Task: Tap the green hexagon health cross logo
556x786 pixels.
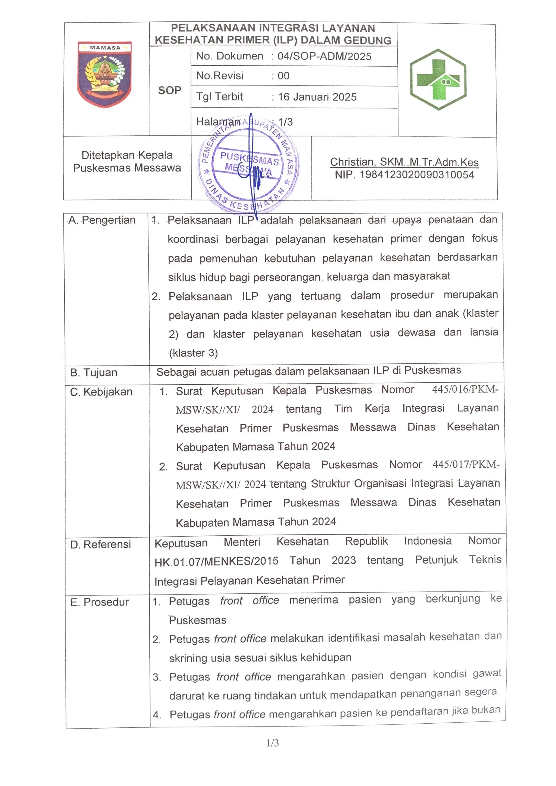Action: pos(438,79)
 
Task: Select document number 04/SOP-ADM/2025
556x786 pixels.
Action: pos(324,56)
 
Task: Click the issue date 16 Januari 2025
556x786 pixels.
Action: pos(317,97)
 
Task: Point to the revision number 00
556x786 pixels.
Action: pos(283,76)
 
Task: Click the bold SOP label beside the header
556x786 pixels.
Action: pos(170,90)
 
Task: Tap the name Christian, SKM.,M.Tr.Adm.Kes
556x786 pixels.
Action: pos(404,162)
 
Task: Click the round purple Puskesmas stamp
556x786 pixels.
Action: pos(248,164)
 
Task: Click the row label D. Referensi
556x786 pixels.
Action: pos(100,544)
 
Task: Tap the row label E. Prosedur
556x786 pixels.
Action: pos(99,602)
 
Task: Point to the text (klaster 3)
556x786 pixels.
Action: pos(194,353)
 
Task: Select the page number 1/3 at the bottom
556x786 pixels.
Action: pos(273,743)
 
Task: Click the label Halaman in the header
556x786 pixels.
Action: pos(218,122)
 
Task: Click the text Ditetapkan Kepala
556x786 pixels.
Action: pos(127,155)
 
